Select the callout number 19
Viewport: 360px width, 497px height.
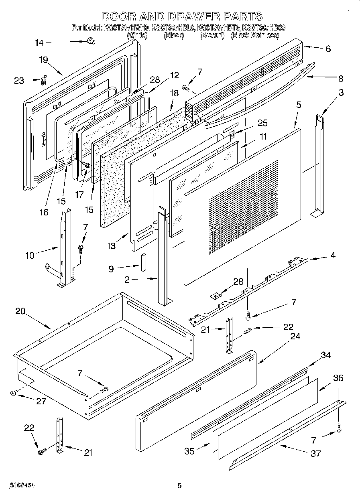point(43,60)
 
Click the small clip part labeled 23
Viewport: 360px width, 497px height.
point(44,79)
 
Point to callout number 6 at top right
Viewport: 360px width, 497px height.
point(328,49)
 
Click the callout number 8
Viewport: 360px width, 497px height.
point(340,78)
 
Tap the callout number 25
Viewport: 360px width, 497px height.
point(262,123)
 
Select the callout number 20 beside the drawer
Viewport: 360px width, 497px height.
point(21,311)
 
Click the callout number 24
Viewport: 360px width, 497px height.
point(295,336)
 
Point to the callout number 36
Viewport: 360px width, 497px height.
point(338,378)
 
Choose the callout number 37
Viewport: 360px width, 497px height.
point(316,453)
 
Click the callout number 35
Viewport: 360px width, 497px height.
point(189,451)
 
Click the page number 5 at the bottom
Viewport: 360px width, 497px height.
point(180,485)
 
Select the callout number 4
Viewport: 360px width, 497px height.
point(333,255)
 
